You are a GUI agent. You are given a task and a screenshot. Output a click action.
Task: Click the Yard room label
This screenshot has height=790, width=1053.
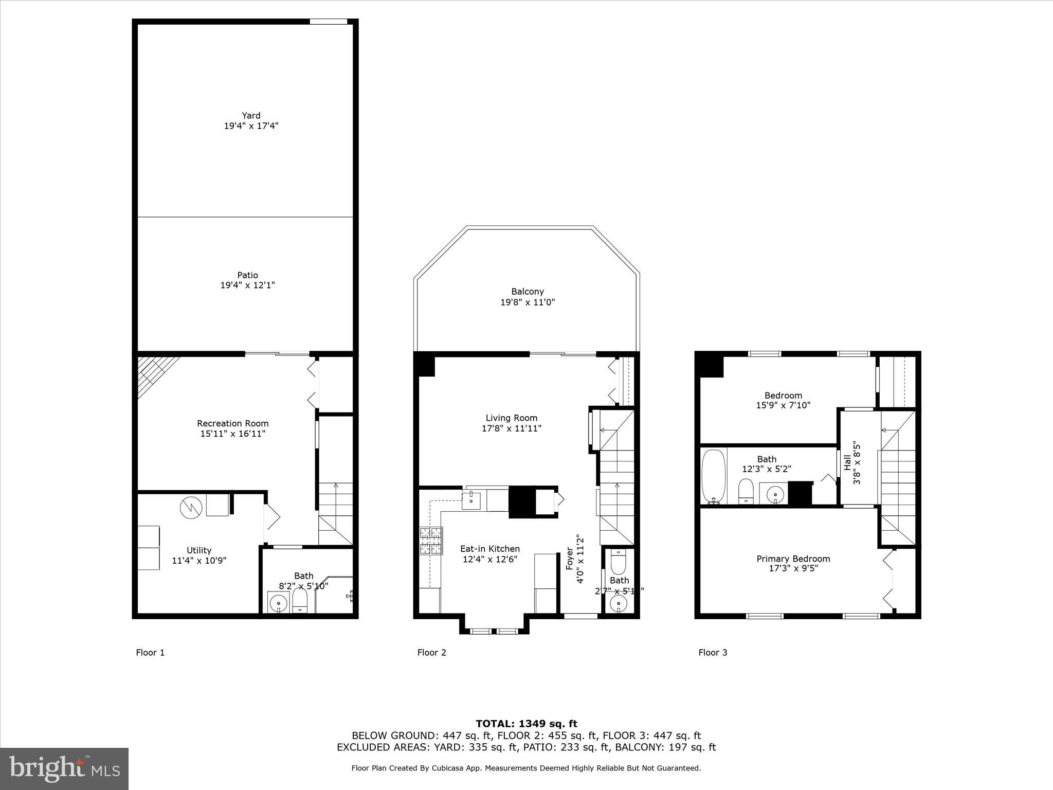[251, 116]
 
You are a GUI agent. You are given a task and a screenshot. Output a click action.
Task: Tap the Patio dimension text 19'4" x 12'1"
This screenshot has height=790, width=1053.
[247, 285]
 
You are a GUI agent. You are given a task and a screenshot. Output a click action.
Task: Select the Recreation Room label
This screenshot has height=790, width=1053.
[232, 423]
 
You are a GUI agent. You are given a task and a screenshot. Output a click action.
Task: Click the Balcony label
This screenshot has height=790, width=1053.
[527, 292]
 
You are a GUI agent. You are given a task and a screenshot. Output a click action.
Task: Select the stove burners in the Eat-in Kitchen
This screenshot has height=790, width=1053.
[431, 541]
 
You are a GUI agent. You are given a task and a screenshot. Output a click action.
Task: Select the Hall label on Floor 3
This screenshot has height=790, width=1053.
[847, 462]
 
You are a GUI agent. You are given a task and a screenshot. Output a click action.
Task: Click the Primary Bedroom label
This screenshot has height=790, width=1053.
[793, 559]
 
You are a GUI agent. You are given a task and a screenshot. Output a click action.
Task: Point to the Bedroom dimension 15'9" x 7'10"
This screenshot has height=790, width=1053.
[783, 405]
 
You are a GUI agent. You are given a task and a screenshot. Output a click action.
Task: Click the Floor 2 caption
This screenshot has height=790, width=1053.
[431, 653]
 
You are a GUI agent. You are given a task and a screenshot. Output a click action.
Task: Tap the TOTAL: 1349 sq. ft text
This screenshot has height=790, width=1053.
[526, 724]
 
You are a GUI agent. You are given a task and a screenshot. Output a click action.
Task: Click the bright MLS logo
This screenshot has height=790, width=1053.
[64, 769]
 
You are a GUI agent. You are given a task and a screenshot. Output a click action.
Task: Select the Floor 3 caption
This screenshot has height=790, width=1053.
[713, 653]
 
